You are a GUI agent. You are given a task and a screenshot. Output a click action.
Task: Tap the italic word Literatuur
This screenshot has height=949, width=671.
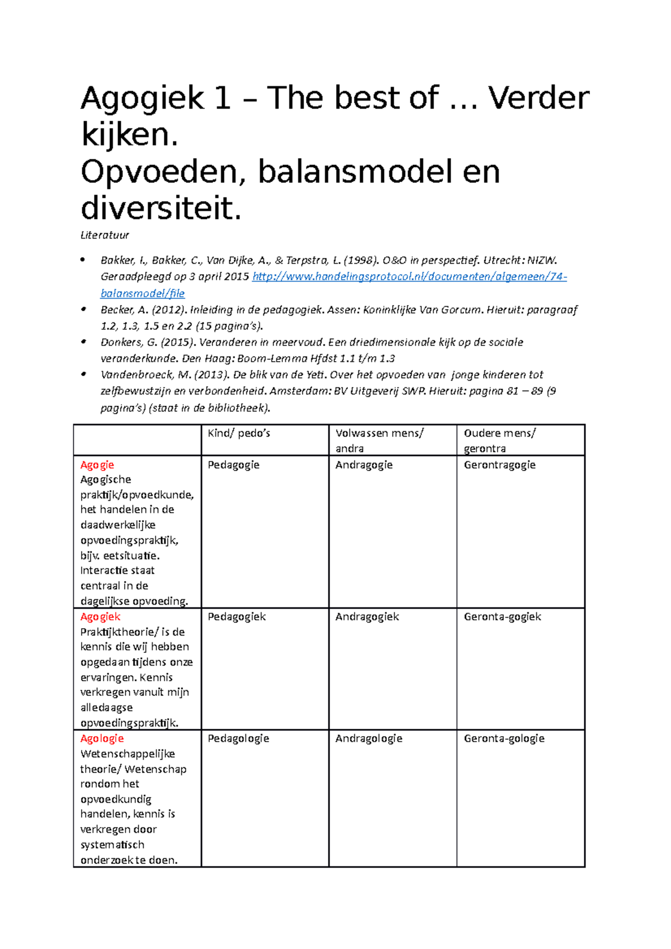pos(105,235)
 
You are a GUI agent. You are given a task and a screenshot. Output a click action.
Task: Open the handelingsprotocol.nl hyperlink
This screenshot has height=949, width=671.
pos(409,277)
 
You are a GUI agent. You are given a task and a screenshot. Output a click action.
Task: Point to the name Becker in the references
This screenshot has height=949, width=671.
pos(117,310)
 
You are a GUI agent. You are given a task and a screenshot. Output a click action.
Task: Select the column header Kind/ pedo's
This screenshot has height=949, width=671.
pos(239,433)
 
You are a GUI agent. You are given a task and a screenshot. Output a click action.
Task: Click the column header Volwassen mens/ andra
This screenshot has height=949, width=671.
pos(379,440)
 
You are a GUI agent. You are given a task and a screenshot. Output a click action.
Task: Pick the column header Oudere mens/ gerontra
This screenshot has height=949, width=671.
pos(499,440)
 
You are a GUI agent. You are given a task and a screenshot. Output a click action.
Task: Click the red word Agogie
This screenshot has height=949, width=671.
pos(97,465)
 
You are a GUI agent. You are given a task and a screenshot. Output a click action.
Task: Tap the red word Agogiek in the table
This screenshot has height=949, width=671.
pos(100,617)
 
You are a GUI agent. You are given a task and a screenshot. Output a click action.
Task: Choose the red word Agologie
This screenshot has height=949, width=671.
pos(102,739)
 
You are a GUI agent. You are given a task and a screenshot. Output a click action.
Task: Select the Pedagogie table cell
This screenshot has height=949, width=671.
pos(233,465)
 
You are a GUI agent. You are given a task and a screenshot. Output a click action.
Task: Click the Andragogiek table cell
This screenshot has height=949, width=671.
pos(367,617)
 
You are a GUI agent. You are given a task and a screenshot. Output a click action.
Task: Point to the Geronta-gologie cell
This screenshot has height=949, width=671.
pos(504,739)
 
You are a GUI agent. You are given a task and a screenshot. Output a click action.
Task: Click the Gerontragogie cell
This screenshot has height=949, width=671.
pos(499,465)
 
